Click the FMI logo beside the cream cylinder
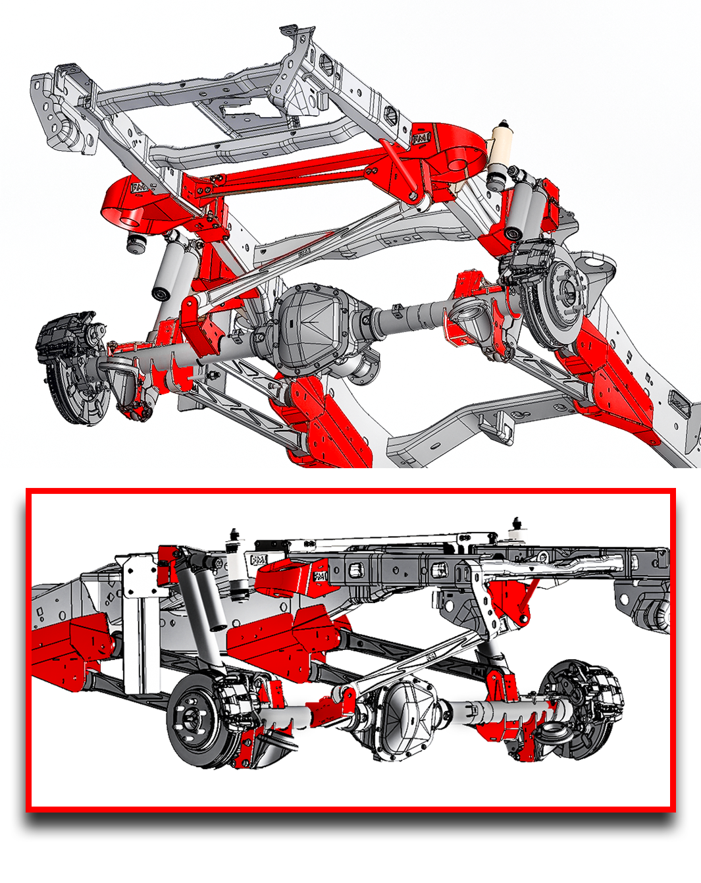pyautogui.click(x=421, y=138)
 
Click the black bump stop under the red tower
pyautogui.click(x=136, y=244)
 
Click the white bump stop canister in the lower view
pyautogui.click(x=237, y=573)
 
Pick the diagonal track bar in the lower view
pyautogui.click(x=421, y=658)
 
